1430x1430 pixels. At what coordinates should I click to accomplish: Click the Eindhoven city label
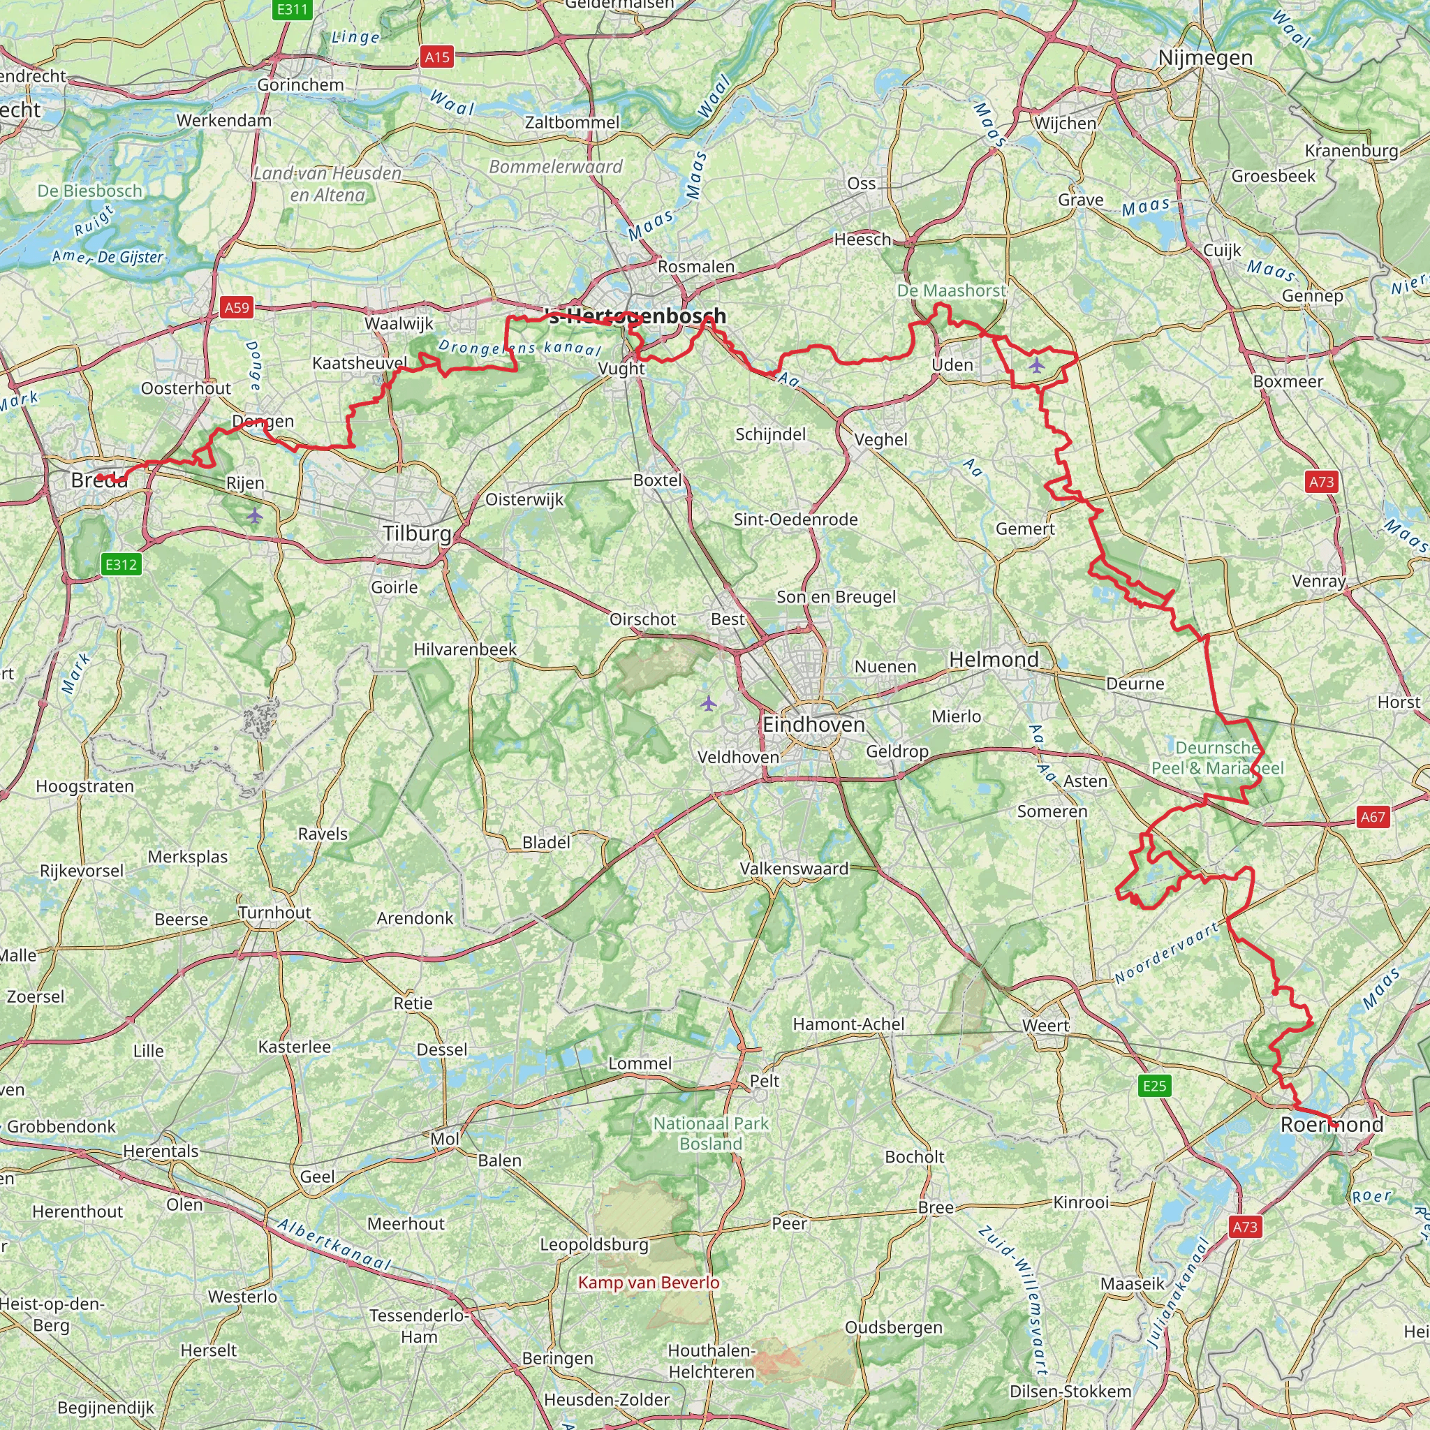pyautogui.click(x=813, y=725)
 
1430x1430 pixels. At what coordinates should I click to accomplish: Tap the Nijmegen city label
pyautogui.click(x=1205, y=58)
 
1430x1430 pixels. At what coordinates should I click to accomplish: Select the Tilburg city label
pyautogui.click(x=417, y=533)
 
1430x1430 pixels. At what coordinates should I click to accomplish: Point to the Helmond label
pyautogui.click(x=994, y=659)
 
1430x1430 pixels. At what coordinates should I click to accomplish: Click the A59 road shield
pyautogui.click(x=237, y=308)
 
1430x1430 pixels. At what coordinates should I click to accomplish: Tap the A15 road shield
pyautogui.click(x=436, y=57)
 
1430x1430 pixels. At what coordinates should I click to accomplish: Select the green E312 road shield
pyautogui.click(x=121, y=565)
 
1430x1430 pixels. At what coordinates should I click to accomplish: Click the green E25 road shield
pyautogui.click(x=1154, y=1086)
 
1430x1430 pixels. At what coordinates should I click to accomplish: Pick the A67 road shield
pyautogui.click(x=1372, y=817)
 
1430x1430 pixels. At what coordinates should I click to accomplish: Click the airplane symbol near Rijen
pyautogui.click(x=255, y=515)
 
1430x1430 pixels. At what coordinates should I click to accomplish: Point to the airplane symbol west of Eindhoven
pyautogui.click(x=708, y=702)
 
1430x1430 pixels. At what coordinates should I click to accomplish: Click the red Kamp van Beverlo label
pyautogui.click(x=649, y=1283)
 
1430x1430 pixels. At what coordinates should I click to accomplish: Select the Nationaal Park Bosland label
pyautogui.click(x=711, y=1133)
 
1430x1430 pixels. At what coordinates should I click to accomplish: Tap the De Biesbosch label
pyautogui.click(x=90, y=191)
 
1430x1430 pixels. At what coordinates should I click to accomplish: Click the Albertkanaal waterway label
pyautogui.click(x=334, y=1245)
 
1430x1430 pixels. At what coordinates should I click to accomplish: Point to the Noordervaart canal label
pyautogui.click(x=1167, y=953)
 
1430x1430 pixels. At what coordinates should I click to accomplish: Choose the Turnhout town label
pyautogui.click(x=274, y=913)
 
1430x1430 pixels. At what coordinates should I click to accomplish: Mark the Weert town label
pyautogui.click(x=1045, y=1026)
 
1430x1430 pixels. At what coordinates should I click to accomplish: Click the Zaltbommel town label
pyautogui.click(x=572, y=122)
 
